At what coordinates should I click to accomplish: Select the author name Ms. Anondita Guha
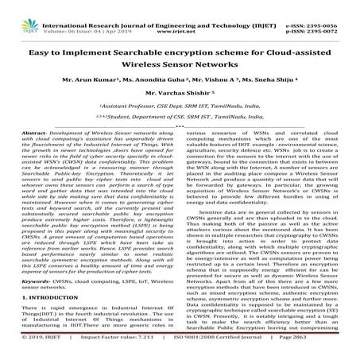point(137,81)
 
